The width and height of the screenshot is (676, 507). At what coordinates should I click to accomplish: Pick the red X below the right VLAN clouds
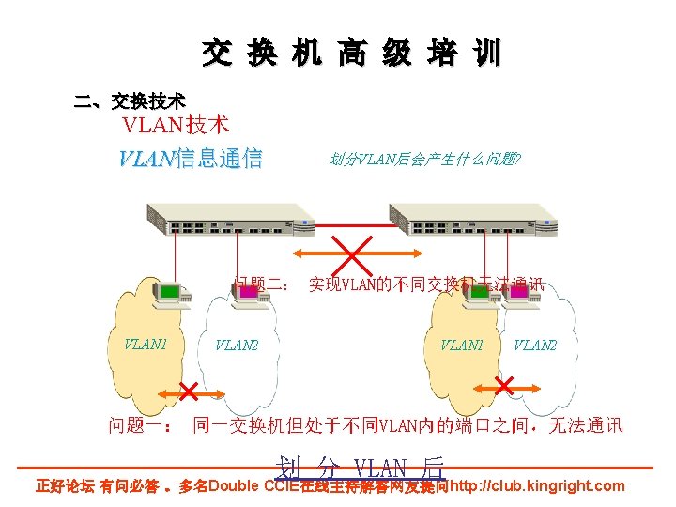pyautogui.click(x=503, y=386)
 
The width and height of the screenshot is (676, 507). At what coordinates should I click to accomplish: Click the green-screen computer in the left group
pyautogui.click(x=170, y=294)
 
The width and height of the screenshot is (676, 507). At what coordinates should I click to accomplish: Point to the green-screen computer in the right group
pyautogui.click(x=482, y=292)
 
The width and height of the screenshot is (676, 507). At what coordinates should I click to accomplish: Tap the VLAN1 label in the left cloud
pyautogui.click(x=146, y=344)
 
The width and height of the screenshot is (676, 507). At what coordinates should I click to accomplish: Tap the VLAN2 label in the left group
pyautogui.click(x=237, y=346)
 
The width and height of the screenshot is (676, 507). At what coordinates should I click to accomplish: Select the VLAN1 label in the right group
pyautogui.click(x=462, y=346)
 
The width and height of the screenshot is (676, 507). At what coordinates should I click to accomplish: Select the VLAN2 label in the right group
pyautogui.click(x=535, y=346)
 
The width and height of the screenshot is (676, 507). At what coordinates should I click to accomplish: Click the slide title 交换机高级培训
pyautogui.click(x=351, y=54)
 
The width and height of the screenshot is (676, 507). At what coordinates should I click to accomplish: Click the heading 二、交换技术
pyautogui.click(x=130, y=100)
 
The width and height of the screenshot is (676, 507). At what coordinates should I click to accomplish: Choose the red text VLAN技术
pyautogui.click(x=177, y=124)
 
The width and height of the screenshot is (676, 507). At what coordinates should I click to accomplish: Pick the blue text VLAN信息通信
pyautogui.click(x=190, y=159)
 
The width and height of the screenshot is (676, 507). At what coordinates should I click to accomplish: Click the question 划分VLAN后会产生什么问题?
pyautogui.click(x=424, y=160)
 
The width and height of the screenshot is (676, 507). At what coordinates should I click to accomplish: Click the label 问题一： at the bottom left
pyautogui.click(x=140, y=426)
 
